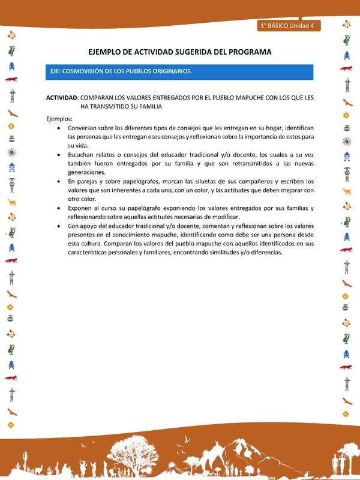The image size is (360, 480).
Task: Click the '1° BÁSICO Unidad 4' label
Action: tap(290, 26)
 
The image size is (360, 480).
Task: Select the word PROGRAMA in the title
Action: tap(247, 52)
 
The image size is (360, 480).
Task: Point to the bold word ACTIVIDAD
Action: tap(62, 97)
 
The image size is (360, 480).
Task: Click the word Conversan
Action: tap(84, 128)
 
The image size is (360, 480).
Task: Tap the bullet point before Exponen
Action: tap(58, 208)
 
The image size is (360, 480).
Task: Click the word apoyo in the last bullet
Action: tap(95, 226)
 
